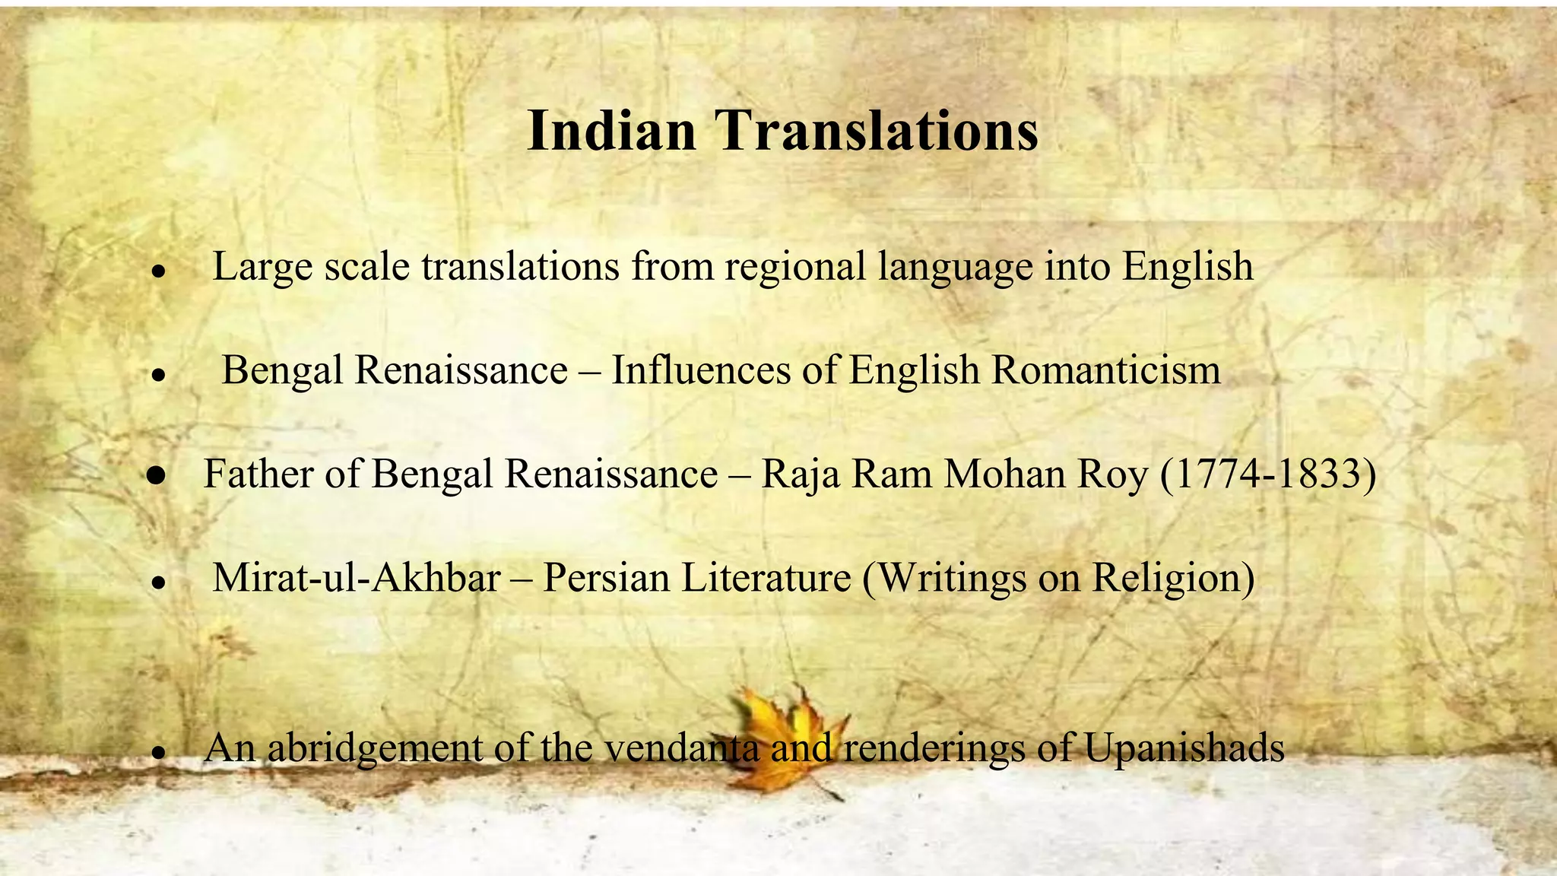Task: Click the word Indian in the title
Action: [611, 130]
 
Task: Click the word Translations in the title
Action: [876, 130]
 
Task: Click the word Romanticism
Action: [1106, 370]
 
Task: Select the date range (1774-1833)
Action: [1268, 474]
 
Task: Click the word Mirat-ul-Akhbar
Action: [356, 577]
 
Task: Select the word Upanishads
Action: [1184, 748]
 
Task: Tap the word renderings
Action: [934, 748]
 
